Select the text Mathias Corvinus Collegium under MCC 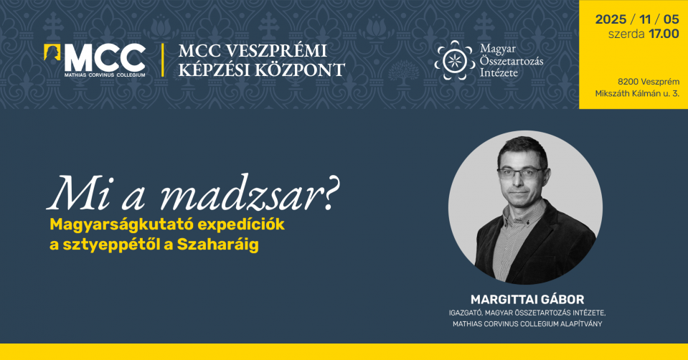105,75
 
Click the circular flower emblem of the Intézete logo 453,60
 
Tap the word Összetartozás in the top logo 512,61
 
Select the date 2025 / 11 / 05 636,19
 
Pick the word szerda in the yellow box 625,34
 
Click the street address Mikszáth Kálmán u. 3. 636,94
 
